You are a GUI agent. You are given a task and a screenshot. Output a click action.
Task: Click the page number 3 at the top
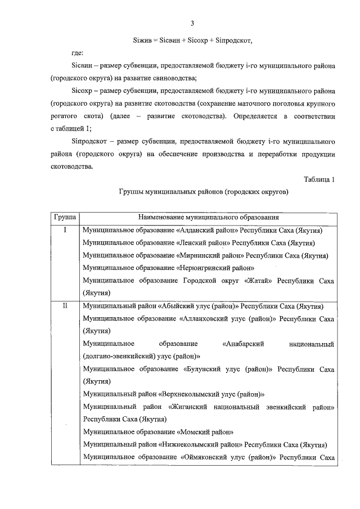[192, 23]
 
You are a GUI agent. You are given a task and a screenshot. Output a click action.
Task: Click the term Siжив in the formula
[142, 40]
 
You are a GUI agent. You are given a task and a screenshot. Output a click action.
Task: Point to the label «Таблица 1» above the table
[319, 179]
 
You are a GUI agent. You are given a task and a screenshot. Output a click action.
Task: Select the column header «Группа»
[65, 217]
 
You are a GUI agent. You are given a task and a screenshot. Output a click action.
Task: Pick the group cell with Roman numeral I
[65, 230]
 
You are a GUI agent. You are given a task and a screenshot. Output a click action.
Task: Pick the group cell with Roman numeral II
[65, 307]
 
